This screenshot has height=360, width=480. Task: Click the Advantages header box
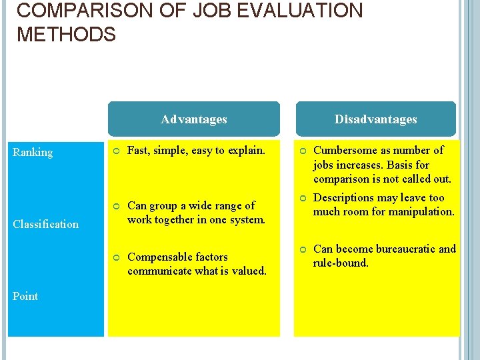pos(193,119)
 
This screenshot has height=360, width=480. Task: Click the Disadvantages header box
pos(375,119)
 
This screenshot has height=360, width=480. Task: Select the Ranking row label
pos(33,153)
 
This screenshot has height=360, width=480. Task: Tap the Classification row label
pos(46,224)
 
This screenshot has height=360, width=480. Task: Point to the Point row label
pos(25,296)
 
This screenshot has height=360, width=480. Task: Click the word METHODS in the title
pos(66,35)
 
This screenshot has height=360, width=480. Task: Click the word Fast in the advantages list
pos(138,150)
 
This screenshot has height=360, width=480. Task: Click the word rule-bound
pos(341,263)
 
